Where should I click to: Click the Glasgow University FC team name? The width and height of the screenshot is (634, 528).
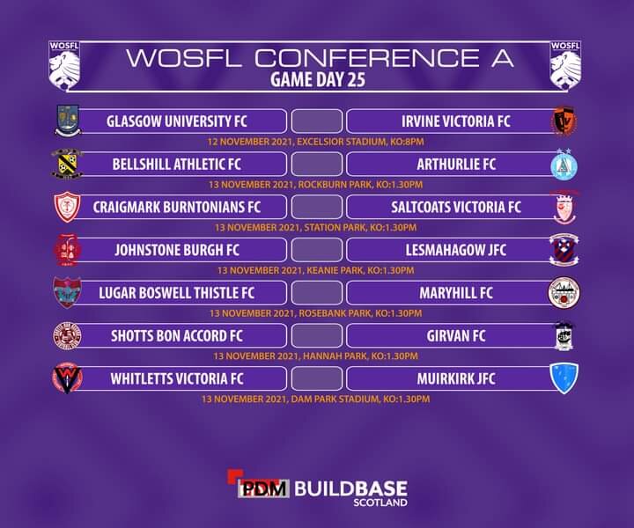pyautogui.click(x=177, y=121)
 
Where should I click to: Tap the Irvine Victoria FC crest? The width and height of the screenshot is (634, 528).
pyautogui.click(x=564, y=120)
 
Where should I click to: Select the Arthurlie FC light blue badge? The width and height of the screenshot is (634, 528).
pyautogui.click(x=564, y=164)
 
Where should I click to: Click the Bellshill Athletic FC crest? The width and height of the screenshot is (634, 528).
pyautogui.click(x=67, y=164)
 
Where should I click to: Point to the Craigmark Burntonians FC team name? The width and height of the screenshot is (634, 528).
pyautogui.click(x=177, y=207)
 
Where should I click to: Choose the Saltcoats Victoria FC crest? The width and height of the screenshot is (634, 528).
pyautogui.click(x=564, y=208)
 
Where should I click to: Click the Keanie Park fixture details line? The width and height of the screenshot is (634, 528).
pyautogui.click(x=316, y=270)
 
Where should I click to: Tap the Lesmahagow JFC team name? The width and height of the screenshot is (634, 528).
pyautogui.click(x=456, y=250)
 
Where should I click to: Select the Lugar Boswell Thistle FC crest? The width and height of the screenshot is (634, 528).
pyautogui.click(x=67, y=292)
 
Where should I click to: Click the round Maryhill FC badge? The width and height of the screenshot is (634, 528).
pyautogui.click(x=564, y=292)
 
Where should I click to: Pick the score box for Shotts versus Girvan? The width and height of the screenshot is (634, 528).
pyautogui.click(x=317, y=335)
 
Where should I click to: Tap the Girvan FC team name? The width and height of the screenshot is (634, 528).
pyautogui.click(x=456, y=335)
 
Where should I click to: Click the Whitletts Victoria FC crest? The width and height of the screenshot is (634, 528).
pyautogui.click(x=67, y=378)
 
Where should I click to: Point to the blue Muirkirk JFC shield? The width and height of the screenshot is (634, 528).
pyautogui.click(x=564, y=378)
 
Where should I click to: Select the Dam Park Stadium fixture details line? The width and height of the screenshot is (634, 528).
pyautogui.click(x=316, y=400)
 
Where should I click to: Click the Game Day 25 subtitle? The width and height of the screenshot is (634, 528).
pyautogui.click(x=318, y=79)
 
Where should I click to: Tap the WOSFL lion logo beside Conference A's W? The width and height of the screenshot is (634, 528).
pyautogui.click(x=64, y=64)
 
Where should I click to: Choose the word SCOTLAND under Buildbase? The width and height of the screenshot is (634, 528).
pyautogui.click(x=380, y=503)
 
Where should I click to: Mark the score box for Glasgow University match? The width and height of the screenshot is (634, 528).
pyautogui.click(x=317, y=121)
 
